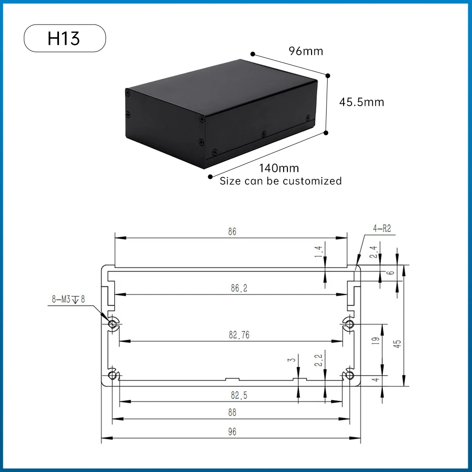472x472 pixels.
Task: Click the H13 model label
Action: tap(64, 38)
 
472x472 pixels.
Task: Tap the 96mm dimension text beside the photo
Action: tap(306, 51)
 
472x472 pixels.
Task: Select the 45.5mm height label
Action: tap(362, 102)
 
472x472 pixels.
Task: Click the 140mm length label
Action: tap(279, 168)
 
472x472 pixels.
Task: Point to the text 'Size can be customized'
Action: tap(281, 181)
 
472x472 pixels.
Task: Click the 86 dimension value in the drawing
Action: tap(231, 231)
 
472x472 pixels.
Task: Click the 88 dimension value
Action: tap(231, 413)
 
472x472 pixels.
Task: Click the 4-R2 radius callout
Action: tap(382, 229)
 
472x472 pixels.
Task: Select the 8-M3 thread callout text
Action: tap(68, 299)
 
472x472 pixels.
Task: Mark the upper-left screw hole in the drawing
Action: tap(113, 324)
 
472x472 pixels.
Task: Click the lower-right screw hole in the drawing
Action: tap(349, 375)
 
